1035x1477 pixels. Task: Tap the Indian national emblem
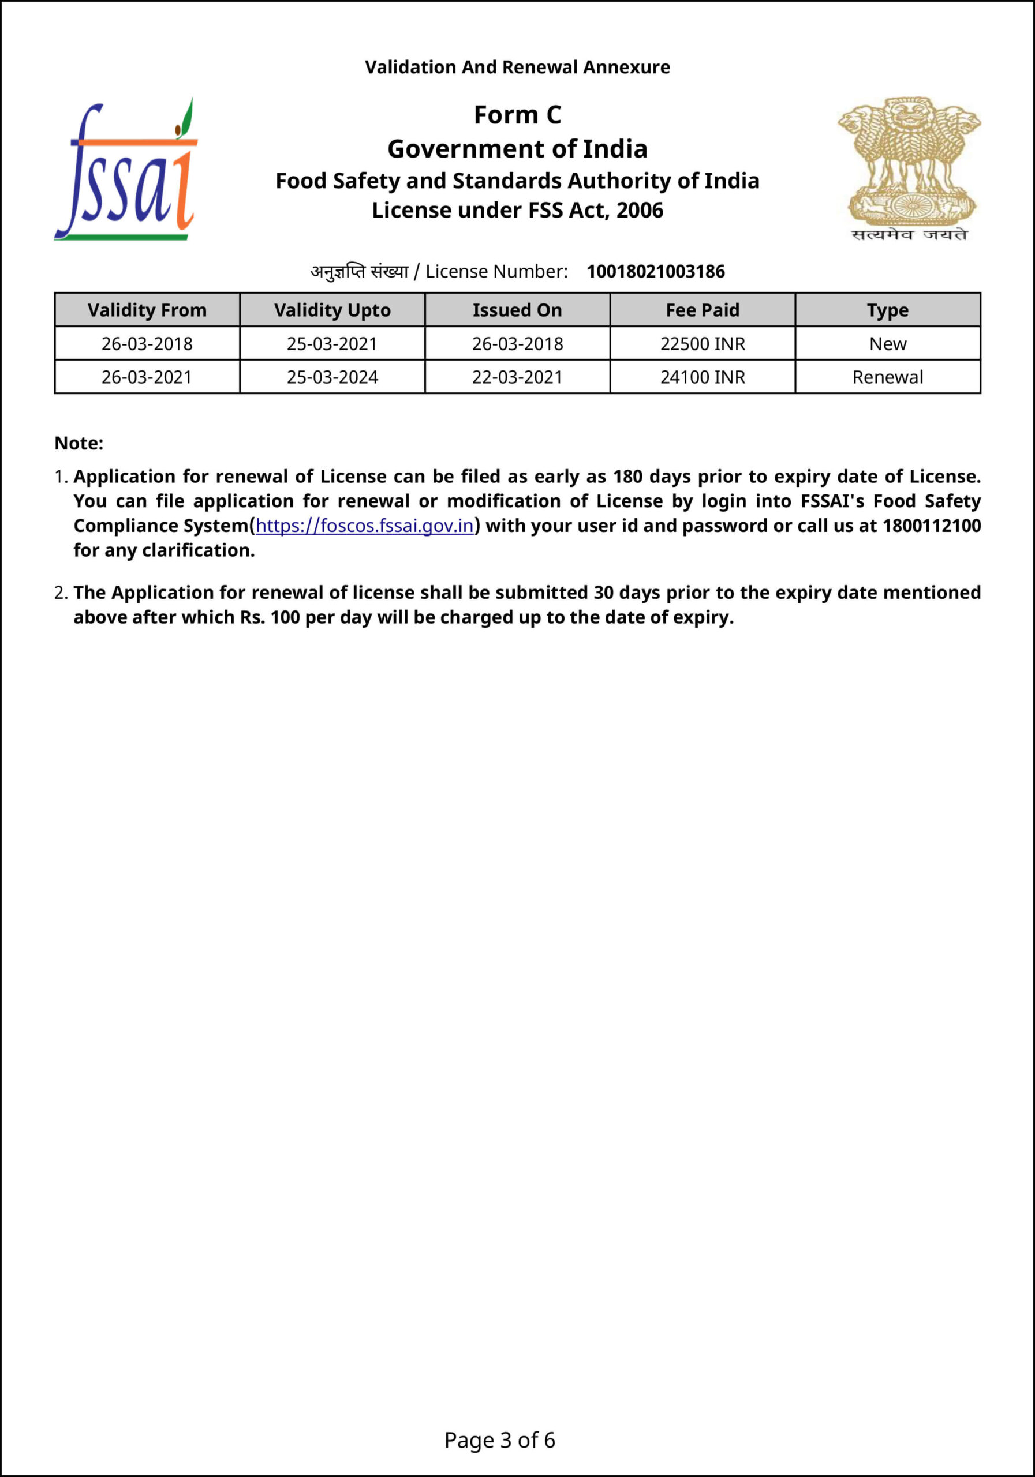click(909, 168)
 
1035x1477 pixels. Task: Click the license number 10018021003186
click(655, 272)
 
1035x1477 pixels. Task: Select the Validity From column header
click(147, 310)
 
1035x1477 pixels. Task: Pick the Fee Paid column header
click(703, 310)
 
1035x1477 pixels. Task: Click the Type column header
click(888, 310)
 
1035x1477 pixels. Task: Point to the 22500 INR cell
click(703, 343)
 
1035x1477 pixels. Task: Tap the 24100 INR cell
click(703, 377)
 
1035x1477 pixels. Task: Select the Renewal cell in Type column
click(888, 377)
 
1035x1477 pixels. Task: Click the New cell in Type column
click(888, 343)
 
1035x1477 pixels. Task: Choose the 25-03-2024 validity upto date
click(332, 377)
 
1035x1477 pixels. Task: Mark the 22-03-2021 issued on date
click(517, 377)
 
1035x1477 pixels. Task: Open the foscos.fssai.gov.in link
click(364, 526)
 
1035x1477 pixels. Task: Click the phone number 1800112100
click(931, 526)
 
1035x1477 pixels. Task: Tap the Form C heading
click(517, 114)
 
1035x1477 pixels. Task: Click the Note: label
click(79, 443)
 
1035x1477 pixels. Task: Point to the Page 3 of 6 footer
click(499, 1439)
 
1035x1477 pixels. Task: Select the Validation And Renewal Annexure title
click(517, 67)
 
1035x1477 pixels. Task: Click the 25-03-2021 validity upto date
click(332, 343)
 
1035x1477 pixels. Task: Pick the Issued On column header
click(517, 310)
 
